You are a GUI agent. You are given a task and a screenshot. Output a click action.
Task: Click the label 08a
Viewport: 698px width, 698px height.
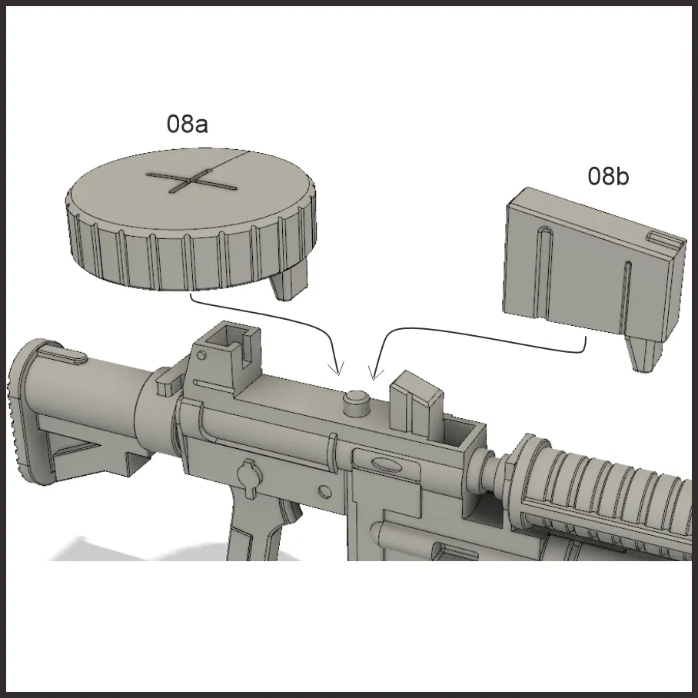[187, 124]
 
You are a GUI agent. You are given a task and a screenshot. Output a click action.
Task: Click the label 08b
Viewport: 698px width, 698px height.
[608, 176]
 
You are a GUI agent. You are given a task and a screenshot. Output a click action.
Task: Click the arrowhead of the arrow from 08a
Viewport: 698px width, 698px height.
[337, 371]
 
